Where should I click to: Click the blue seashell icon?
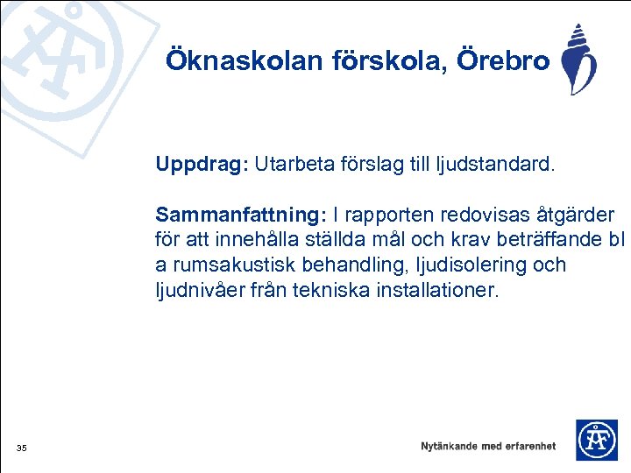578,60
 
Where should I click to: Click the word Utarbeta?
289,165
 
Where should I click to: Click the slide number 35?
22,449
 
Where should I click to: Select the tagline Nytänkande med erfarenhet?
488,446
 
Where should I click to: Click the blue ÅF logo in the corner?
596,440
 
